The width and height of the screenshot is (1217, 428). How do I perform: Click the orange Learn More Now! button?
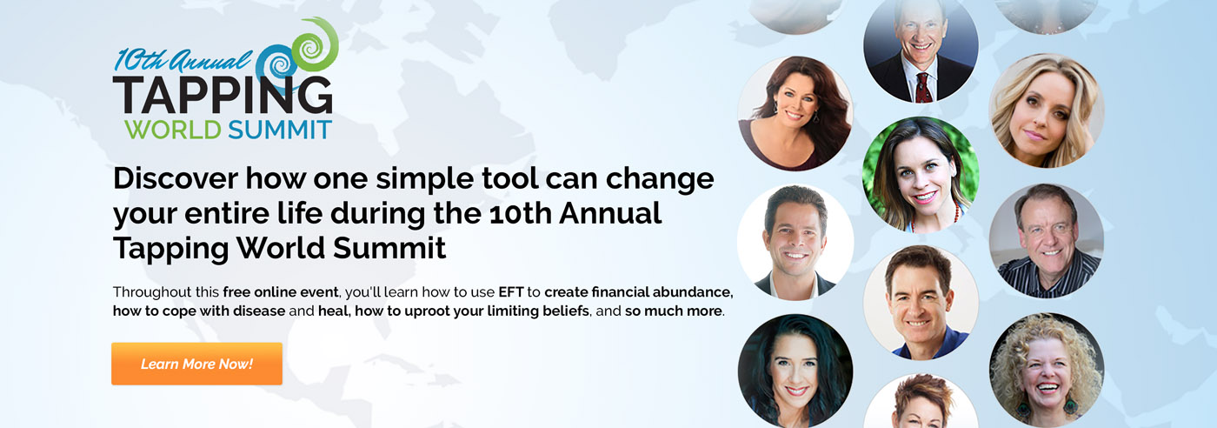coord(196,364)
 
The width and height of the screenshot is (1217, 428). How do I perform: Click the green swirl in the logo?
coord(315,44)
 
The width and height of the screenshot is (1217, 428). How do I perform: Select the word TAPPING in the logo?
coord(223,95)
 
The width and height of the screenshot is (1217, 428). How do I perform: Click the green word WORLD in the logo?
coord(173,130)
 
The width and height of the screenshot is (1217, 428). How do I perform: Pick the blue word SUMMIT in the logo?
coord(280,130)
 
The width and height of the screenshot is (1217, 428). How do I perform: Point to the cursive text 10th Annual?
coord(182,60)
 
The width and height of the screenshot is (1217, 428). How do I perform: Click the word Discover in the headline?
coord(176,178)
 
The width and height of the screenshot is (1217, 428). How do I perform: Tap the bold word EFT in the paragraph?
coord(511,292)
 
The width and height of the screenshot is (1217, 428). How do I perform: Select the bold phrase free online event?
coord(280,292)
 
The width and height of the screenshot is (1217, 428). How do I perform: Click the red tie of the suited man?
coord(922,88)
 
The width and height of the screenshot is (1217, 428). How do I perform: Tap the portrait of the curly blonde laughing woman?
coord(1047,370)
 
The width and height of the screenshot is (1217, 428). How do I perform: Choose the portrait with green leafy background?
coord(921,175)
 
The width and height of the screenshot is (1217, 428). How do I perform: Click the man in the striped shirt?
coord(1047,241)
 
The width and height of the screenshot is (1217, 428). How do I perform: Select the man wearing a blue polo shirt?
coord(921,303)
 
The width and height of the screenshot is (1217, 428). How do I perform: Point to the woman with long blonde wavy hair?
coord(1047,110)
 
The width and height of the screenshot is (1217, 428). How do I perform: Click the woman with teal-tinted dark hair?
coord(795,371)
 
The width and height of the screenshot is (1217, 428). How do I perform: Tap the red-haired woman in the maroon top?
coord(795,113)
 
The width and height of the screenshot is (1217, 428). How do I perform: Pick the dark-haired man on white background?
coord(795,243)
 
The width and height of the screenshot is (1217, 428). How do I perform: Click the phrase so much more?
coord(673,311)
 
